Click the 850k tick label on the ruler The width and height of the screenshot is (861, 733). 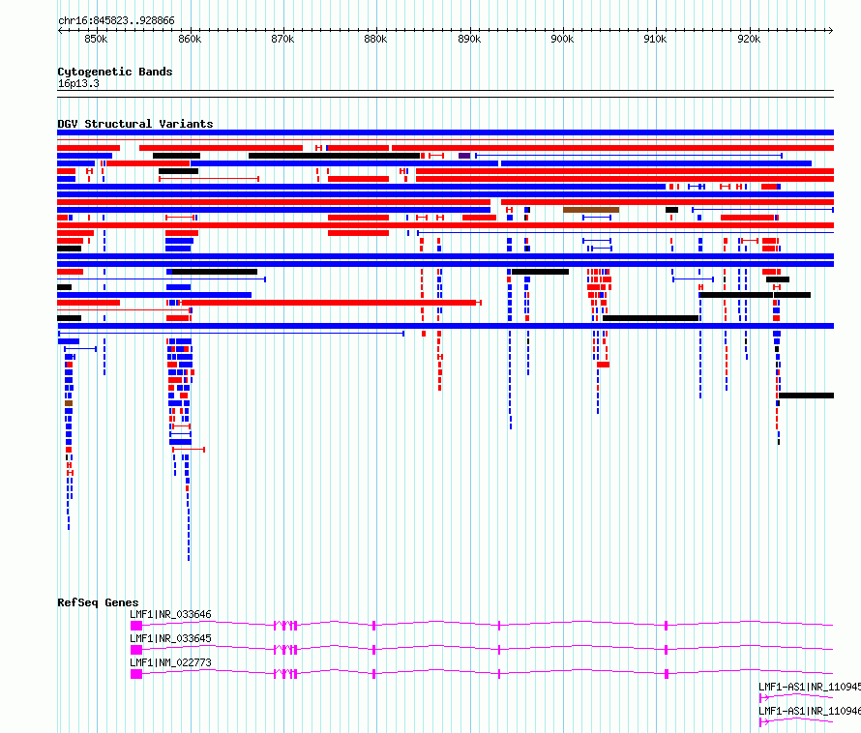(96, 39)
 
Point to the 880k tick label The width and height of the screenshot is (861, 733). (375, 39)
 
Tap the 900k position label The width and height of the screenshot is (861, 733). (562, 39)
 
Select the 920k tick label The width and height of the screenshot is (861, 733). (749, 39)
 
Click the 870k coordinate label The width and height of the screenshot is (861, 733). (282, 39)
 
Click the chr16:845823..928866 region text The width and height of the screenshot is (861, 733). (116, 20)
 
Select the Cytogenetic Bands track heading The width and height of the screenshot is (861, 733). (115, 72)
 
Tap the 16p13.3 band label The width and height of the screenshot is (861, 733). (78, 83)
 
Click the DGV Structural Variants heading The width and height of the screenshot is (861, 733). (135, 124)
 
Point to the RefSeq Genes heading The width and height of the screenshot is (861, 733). (98, 602)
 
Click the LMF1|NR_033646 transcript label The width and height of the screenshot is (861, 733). (170, 614)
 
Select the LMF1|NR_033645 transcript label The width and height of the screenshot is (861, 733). (170, 638)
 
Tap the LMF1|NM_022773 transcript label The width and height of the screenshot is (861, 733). (170, 662)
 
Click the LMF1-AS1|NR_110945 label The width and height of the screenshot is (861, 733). (810, 687)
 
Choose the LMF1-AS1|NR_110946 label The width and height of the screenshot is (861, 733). (810, 711)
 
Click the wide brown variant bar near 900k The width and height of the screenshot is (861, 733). (591, 210)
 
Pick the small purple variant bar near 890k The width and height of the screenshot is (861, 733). (464, 156)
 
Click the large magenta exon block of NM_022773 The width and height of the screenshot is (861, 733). (136, 674)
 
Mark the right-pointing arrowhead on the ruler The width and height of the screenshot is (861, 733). (831, 30)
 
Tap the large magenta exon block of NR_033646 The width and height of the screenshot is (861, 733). (136, 626)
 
